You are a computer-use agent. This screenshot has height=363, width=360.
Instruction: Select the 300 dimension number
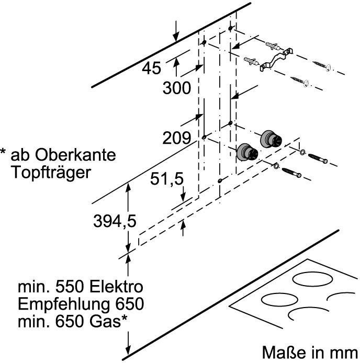click(176, 88)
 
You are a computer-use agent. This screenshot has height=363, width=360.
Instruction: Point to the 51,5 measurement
click(167, 179)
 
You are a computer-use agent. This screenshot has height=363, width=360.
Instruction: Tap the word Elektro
click(116, 287)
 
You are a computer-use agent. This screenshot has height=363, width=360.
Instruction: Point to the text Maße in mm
click(309, 351)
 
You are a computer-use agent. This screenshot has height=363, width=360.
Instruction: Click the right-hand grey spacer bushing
click(272, 138)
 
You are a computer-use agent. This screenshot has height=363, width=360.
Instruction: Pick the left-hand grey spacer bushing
click(248, 152)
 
